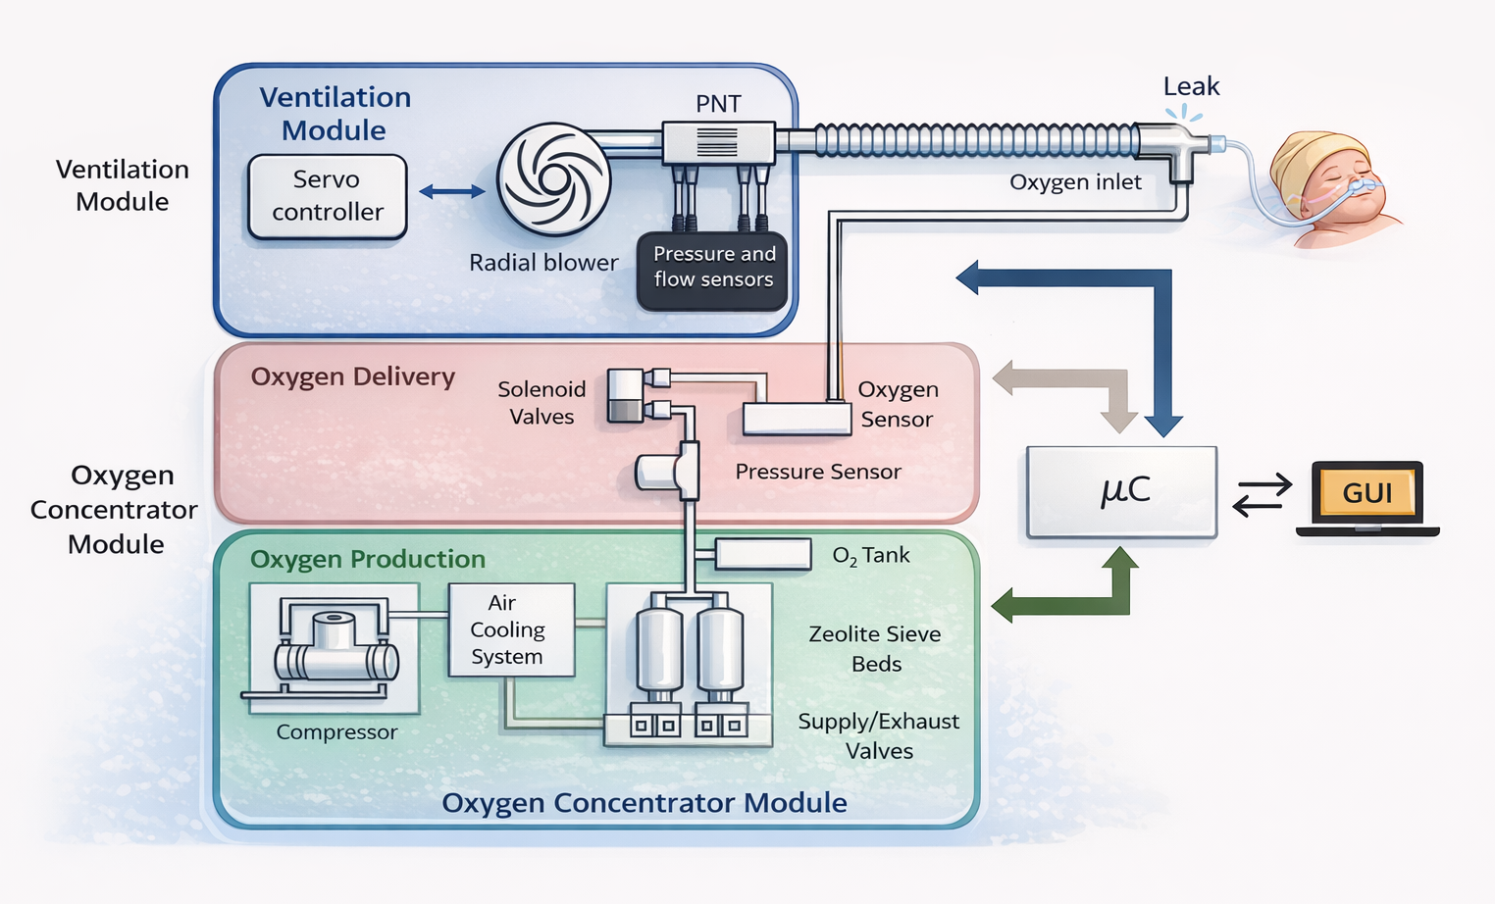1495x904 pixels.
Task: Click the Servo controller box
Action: [327, 197]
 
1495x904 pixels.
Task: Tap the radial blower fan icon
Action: [553, 179]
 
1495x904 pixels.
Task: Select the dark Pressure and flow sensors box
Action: [713, 271]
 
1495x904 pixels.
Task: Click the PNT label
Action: [718, 103]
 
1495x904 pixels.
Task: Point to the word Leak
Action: [1191, 86]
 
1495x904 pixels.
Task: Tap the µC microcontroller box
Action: [1122, 491]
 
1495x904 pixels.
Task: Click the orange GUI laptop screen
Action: [1366, 493]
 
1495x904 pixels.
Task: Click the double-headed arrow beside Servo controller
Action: [452, 192]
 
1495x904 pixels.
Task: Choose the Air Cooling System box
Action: [511, 629]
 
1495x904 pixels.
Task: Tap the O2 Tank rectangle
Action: [762, 554]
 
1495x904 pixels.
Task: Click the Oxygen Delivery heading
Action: [352, 377]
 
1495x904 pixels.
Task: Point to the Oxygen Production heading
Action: [368, 559]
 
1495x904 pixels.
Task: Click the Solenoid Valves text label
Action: [541, 402]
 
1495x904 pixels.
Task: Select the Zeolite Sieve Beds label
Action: [875, 648]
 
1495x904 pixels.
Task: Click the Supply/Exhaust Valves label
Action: [878, 736]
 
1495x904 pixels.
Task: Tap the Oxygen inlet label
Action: [1075, 182]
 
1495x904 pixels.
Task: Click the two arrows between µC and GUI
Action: [1262, 495]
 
